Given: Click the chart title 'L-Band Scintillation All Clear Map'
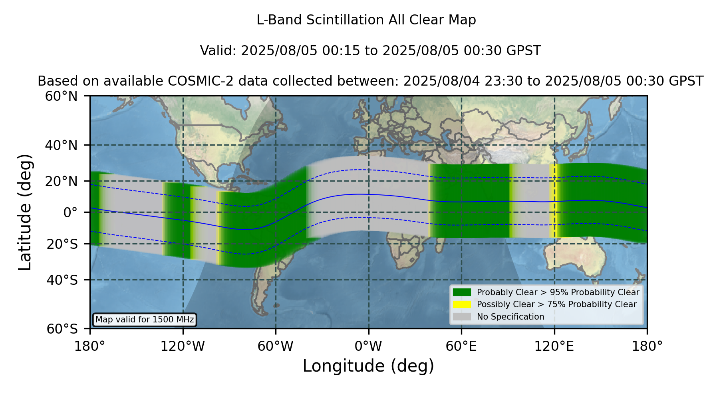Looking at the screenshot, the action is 366,20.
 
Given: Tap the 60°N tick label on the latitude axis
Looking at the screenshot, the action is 62,96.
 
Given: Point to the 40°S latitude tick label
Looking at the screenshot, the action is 62,280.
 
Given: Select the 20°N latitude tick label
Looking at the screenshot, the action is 62,181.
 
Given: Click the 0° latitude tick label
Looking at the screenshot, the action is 70,212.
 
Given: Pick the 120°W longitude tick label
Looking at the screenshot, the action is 183,346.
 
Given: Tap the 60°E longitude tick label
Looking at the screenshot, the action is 461,346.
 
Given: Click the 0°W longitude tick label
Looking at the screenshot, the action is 368,346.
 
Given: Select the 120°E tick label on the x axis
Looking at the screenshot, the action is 554,346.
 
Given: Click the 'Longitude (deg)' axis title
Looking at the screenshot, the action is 368,366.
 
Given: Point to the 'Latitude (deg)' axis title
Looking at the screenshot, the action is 25,212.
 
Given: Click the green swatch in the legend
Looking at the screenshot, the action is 462,292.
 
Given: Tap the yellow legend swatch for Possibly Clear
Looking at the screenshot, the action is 462,304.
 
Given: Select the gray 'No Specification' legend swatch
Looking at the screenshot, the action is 462,317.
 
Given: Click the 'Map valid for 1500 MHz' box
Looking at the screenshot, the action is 145,320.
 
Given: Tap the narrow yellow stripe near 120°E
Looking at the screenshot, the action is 553,201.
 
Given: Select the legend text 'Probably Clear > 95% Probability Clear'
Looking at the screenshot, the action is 558,292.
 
